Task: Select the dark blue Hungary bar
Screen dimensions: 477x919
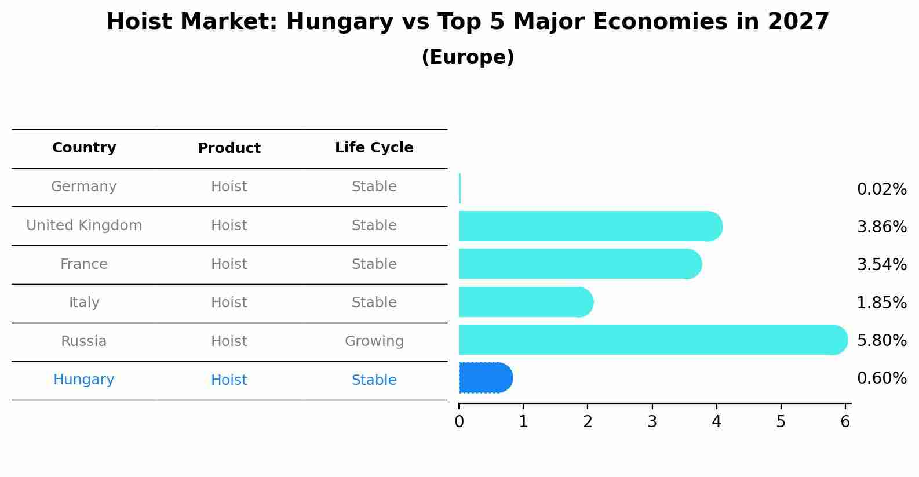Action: (x=486, y=378)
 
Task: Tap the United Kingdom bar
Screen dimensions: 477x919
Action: (x=590, y=226)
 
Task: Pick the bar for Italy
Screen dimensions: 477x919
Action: (x=526, y=302)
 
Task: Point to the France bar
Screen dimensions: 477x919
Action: (x=580, y=264)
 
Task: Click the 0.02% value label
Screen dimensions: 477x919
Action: (x=881, y=190)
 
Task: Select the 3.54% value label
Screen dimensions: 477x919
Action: (x=881, y=265)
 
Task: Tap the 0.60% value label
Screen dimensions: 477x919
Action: (x=881, y=378)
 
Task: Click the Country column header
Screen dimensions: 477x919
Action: (x=84, y=148)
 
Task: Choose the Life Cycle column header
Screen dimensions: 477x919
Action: (x=374, y=148)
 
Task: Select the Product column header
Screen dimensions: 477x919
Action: (x=229, y=148)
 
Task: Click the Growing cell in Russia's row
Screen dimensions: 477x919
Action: (x=374, y=341)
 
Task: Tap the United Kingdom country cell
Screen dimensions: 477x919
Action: (x=84, y=225)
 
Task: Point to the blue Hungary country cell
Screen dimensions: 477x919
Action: (x=84, y=380)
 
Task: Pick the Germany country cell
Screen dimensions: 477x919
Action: (x=84, y=187)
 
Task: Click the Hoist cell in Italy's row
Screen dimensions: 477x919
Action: (x=229, y=303)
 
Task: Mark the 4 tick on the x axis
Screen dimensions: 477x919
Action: (x=716, y=421)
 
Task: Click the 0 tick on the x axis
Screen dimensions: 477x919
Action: (x=459, y=421)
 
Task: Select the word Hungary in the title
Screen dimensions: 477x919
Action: (x=340, y=22)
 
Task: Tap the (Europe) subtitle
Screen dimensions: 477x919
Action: (x=468, y=57)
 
